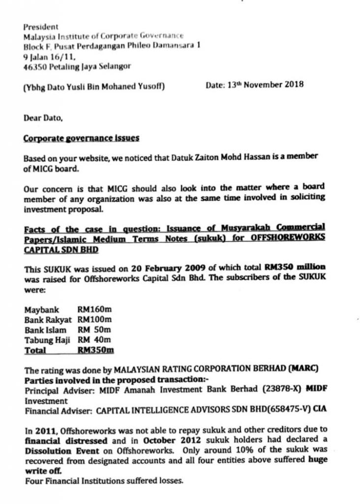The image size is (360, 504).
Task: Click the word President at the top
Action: click(x=41, y=27)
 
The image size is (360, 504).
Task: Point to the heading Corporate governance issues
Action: click(x=81, y=138)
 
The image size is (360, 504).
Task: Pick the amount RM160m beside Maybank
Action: click(x=94, y=310)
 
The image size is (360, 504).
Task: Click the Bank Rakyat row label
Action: click(x=48, y=320)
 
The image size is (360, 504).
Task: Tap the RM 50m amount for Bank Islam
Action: click(x=94, y=330)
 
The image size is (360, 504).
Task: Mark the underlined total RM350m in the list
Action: click(x=95, y=350)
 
